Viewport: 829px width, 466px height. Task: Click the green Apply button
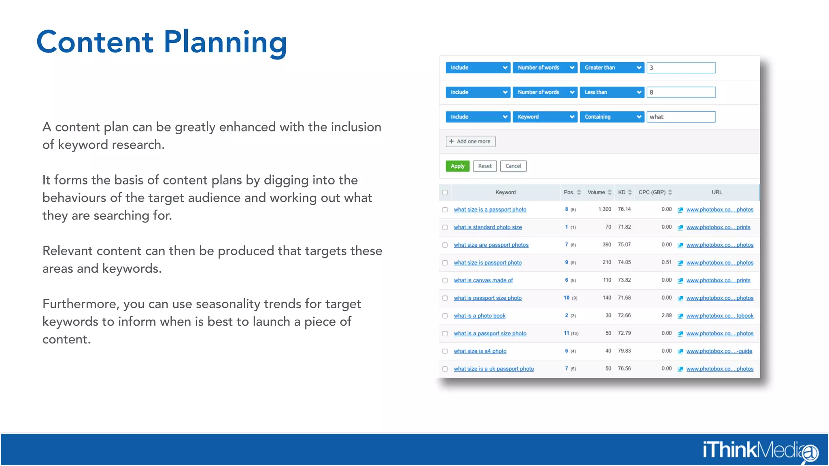coord(457,166)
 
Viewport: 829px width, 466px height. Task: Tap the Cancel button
coord(513,166)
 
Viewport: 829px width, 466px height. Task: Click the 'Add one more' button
coord(470,141)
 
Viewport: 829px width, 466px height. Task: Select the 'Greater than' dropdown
coord(612,68)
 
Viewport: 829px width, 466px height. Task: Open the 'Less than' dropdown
coord(612,92)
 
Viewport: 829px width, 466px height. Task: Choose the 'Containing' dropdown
coord(612,117)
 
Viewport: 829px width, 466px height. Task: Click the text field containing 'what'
coord(681,117)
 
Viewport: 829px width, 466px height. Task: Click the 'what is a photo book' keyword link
coord(480,316)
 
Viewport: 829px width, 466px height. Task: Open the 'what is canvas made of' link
coord(483,280)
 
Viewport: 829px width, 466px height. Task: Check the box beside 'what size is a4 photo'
coord(445,351)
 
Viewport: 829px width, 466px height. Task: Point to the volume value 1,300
coord(604,209)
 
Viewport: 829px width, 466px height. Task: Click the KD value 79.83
coord(624,351)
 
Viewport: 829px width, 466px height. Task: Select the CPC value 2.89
coord(666,315)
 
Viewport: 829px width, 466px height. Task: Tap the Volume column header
coord(596,192)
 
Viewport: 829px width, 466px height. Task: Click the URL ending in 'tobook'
coord(720,316)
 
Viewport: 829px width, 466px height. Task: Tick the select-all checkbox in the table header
coord(445,192)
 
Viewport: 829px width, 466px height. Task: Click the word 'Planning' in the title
coord(225,42)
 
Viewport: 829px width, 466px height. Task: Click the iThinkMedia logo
coord(760,450)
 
